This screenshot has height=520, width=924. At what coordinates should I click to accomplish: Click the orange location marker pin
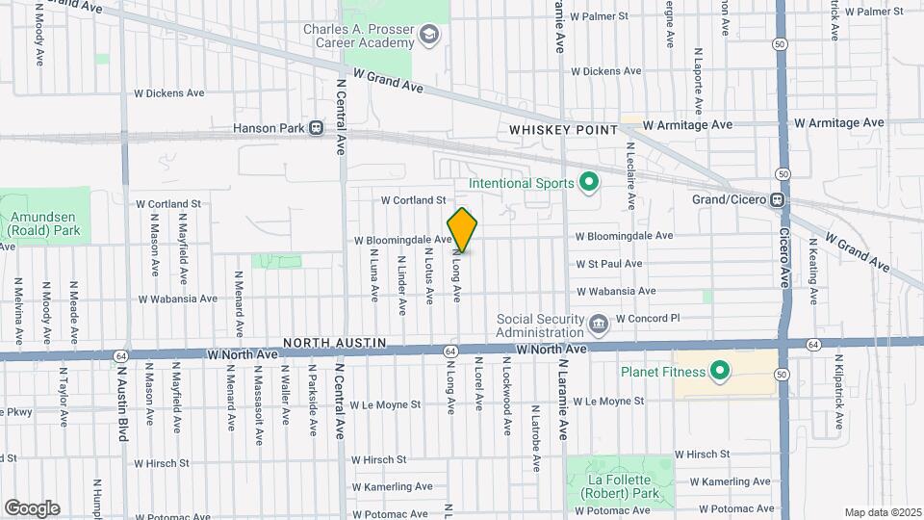(x=463, y=230)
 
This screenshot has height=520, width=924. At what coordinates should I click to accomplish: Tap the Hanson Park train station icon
(x=316, y=128)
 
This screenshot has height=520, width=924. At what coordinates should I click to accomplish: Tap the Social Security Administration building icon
(x=599, y=322)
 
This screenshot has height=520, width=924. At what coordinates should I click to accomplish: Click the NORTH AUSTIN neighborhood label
(x=334, y=343)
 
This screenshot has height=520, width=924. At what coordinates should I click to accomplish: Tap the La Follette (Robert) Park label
(x=620, y=480)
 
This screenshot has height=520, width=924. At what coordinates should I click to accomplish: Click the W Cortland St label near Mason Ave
(x=168, y=204)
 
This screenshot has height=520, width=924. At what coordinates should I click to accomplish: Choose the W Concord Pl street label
(x=648, y=318)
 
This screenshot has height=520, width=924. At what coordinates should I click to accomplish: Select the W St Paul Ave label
(x=608, y=263)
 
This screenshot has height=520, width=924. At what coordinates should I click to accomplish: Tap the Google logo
(x=32, y=507)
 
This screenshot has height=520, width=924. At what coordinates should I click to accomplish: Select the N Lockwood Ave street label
(x=506, y=396)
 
